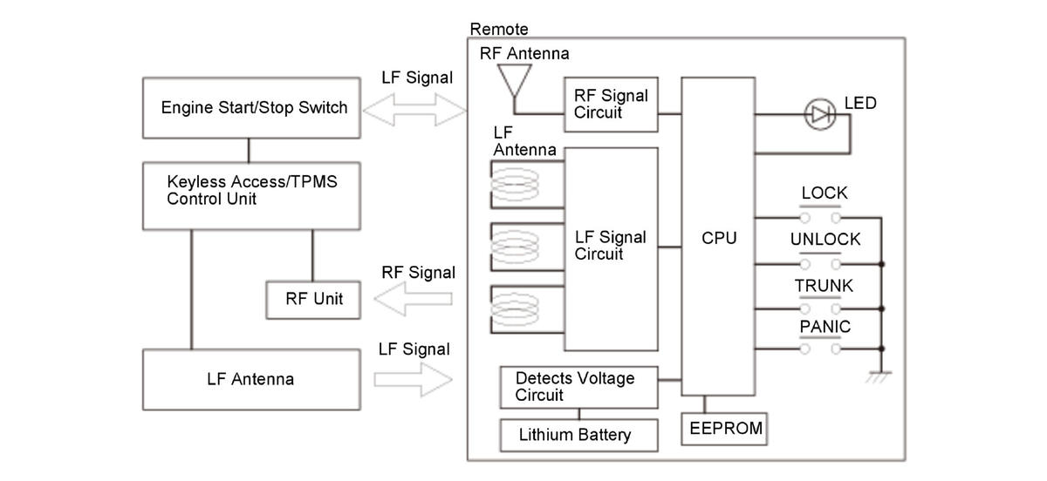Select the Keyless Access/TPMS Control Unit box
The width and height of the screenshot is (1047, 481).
(x=251, y=195)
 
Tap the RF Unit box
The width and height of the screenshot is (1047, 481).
(x=314, y=300)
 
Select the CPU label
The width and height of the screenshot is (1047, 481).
(x=719, y=237)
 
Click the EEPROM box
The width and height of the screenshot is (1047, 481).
(x=725, y=429)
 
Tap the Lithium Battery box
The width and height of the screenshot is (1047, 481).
(x=578, y=434)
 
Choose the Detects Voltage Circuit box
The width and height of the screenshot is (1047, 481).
(x=578, y=386)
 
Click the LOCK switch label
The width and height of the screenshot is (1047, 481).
(x=824, y=193)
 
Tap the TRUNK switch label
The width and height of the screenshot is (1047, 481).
(x=824, y=286)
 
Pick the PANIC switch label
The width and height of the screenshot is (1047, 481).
(x=825, y=328)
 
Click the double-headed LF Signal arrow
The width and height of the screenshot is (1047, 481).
(x=415, y=110)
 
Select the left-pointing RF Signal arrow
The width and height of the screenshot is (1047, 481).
(x=414, y=300)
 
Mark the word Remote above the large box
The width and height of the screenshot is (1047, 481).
(x=499, y=30)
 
